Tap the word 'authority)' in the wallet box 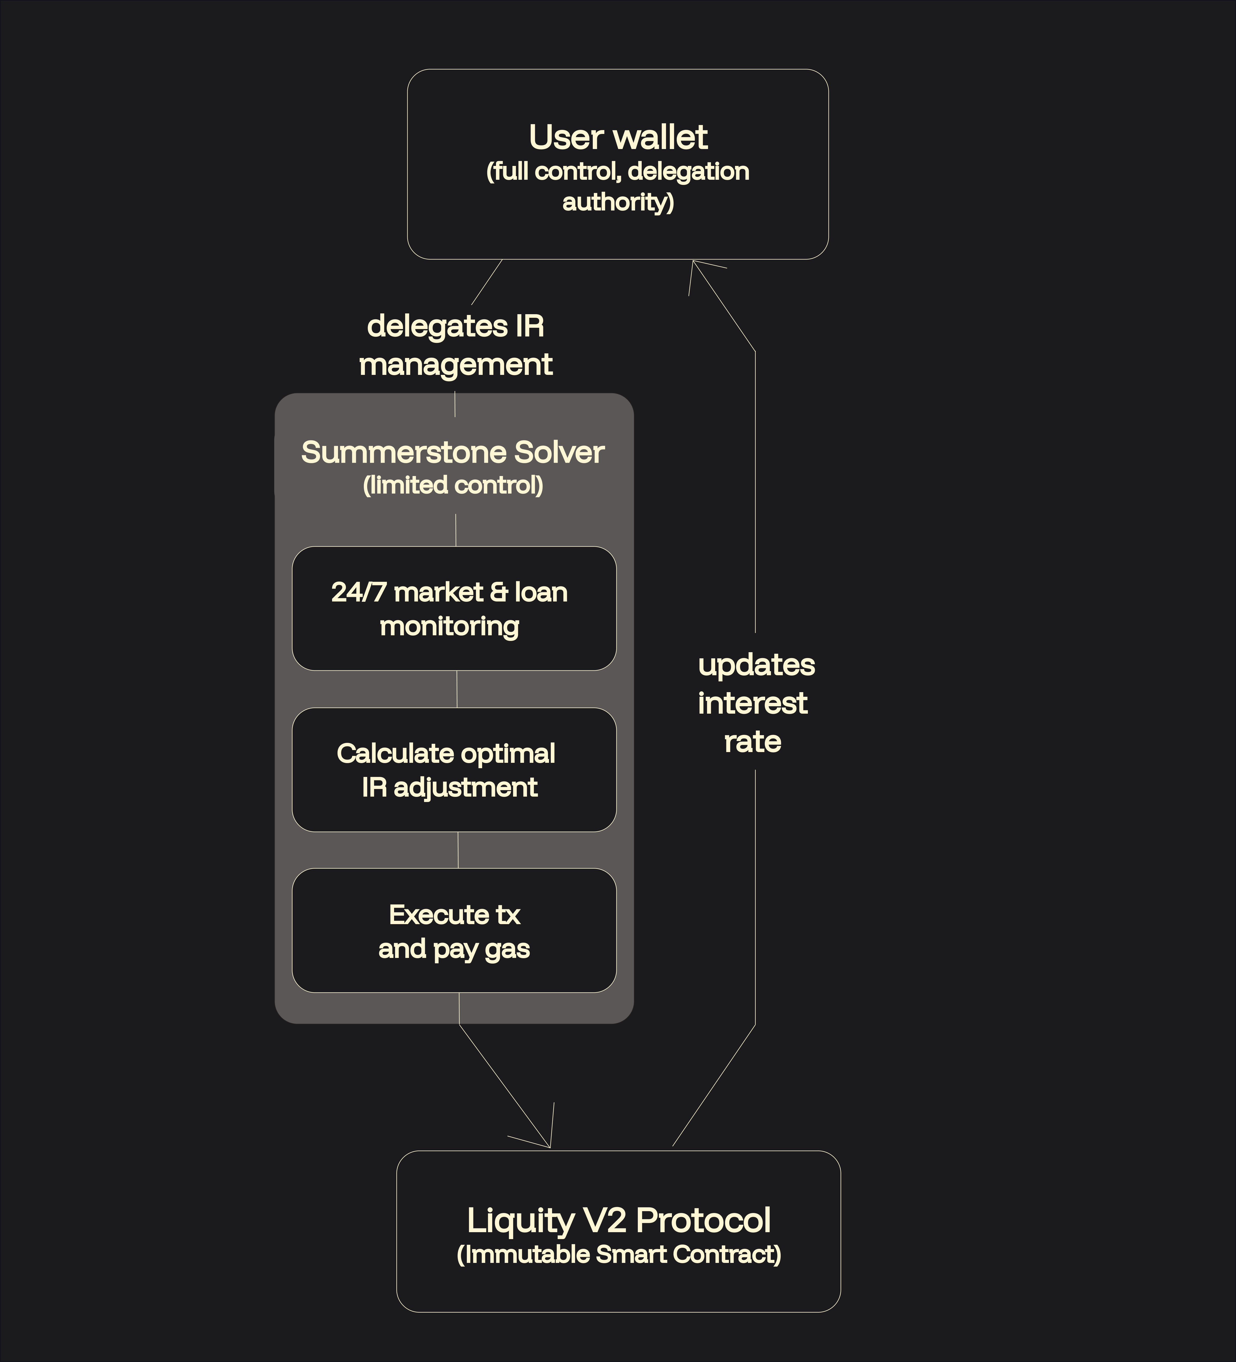coord(618,202)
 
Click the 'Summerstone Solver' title coord(452,453)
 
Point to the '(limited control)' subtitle coord(452,485)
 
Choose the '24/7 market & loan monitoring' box coord(454,608)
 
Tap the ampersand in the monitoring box coord(499,593)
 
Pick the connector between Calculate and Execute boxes coord(458,850)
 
